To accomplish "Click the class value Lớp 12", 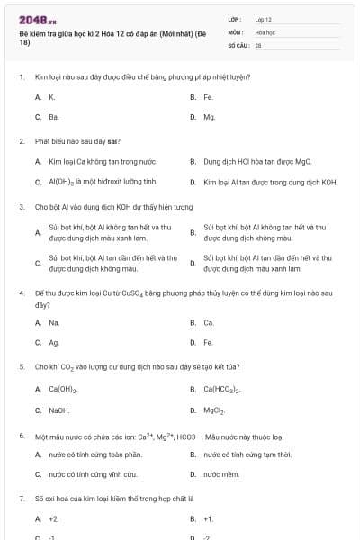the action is tap(263, 18).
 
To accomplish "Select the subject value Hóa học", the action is tap(265, 31).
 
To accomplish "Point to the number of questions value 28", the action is tap(258, 43).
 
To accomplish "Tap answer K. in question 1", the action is tap(52, 96).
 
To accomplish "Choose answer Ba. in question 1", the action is tap(53, 117).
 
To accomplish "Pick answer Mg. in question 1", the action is tap(209, 117).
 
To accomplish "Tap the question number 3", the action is tap(21, 206).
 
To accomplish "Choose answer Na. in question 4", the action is tap(54, 321).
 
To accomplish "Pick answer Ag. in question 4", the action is tap(54, 342).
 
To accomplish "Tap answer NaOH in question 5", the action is tap(59, 409).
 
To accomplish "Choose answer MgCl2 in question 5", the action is tap(214, 409).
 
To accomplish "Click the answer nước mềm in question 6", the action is tap(220, 473).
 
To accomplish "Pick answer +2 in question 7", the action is tap(54, 518).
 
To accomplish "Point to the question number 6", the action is tap(21, 436).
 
